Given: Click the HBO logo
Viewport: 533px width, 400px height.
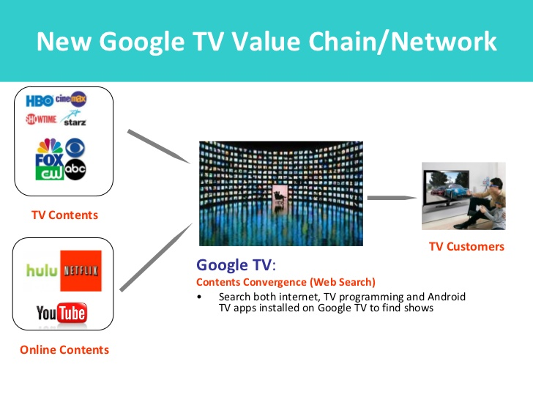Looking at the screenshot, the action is [40, 100].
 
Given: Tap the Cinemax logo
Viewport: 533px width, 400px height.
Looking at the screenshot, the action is [71, 100].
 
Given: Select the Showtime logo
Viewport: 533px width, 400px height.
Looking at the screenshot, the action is [41, 119].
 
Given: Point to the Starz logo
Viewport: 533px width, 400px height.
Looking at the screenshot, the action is [74, 118].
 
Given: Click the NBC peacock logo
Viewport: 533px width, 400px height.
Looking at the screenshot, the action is [50, 146].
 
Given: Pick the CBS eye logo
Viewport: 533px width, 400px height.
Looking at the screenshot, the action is [75, 148].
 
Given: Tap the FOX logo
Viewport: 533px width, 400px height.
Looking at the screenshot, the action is [49, 160].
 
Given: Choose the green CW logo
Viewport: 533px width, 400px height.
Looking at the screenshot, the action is [50, 173].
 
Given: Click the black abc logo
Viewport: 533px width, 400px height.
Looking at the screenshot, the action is [75, 169].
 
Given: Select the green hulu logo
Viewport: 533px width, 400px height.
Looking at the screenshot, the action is [42, 271].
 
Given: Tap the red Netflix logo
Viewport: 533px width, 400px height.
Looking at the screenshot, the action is [81, 271].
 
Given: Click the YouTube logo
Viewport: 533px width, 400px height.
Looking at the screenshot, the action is [61, 313].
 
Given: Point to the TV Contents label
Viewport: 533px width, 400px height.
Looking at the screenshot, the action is [64, 215].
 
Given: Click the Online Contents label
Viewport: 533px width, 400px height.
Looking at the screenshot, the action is [64, 349].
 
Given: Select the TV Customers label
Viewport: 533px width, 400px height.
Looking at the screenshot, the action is [466, 246].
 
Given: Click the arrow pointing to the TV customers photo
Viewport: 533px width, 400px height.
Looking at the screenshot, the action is [392, 198].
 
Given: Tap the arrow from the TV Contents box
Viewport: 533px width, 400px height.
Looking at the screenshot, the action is [159, 147].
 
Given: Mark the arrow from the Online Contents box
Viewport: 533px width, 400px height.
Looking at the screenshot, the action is [156, 257].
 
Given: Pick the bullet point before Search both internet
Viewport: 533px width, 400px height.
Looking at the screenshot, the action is [199, 297].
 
